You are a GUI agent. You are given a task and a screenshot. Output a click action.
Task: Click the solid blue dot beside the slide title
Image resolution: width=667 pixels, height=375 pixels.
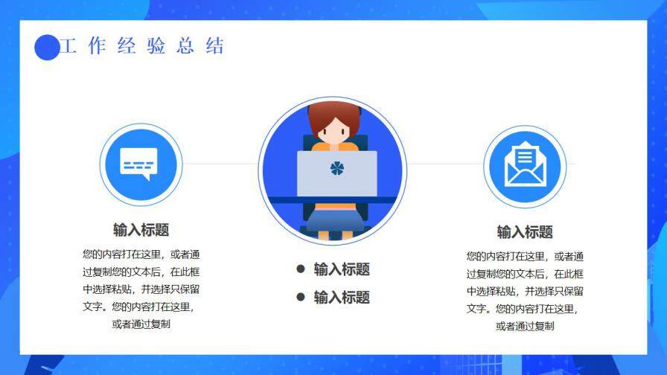pyautogui.click(x=47, y=48)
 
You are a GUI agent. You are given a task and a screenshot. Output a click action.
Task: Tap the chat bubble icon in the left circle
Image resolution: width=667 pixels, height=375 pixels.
pyautogui.click(x=141, y=163)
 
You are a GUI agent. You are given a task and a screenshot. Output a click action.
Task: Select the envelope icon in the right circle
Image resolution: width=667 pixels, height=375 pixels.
pyautogui.click(x=525, y=164)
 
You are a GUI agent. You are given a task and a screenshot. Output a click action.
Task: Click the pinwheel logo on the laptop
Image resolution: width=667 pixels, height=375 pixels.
pyautogui.click(x=337, y=169)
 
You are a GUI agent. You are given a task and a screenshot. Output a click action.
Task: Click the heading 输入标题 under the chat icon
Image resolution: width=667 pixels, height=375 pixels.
pyautogui.click(x=141, y=229)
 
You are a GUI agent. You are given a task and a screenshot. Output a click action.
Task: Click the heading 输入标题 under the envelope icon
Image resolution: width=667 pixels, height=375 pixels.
pyautogui.click(x=525, y=231)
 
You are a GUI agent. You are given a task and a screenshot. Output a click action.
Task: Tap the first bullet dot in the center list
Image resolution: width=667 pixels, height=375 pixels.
pyautogui.click(x=301, y=269)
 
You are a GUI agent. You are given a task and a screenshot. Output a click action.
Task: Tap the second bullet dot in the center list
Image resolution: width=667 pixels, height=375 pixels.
pyautogui.click(x=301, y=297)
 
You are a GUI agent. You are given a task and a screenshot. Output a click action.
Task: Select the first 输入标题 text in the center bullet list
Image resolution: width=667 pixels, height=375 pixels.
pyautogui.click(x=342, y=269)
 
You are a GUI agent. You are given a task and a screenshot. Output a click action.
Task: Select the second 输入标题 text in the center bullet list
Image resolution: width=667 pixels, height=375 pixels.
pyautogui.click(x=342, y=298)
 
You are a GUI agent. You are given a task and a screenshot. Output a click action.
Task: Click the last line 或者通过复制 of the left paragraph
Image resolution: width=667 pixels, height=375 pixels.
pyautogui.click(x=141, y=324)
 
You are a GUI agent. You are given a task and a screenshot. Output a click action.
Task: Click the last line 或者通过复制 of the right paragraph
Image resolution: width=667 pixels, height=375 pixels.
pyautogui.click(x=525, y=326)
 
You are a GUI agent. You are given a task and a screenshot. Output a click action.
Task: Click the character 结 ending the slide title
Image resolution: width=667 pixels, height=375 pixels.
pyautogui.click(x=214, y=46)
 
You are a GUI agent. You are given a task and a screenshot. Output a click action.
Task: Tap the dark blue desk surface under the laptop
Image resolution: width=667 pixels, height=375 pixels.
pyautogui.click(x=333, y=199)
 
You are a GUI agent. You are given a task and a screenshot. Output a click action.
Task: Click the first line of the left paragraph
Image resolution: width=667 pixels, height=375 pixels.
pyautogui.click(x=141, y=253)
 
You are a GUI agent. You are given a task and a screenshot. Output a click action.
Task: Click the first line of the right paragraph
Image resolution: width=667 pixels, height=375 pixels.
pyautogui.click(x=525, y=255)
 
